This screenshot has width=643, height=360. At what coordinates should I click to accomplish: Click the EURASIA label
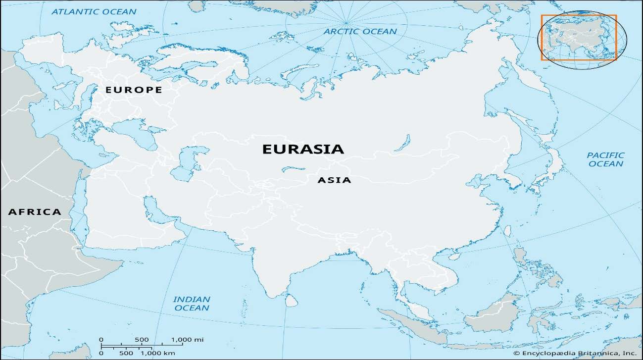302,149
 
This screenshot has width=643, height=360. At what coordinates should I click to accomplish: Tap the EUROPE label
134,90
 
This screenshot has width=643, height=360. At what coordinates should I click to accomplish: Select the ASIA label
334,180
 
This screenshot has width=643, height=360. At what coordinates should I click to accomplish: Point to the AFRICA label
35,212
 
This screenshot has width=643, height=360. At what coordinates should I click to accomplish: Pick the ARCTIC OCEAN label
360,32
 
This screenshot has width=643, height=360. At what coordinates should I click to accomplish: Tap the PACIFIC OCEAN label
605,159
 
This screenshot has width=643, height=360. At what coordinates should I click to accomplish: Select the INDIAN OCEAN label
191,304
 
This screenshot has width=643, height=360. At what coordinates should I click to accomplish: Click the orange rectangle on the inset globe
578,37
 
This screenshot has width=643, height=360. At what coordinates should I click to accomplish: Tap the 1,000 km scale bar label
158,353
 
